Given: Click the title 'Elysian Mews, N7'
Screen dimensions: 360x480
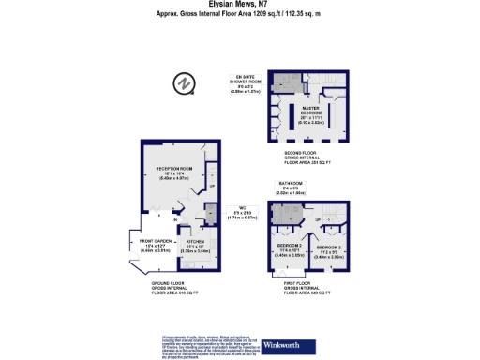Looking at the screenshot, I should coord(240,6).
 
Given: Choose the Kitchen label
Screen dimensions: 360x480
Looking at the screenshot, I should coord(194,247).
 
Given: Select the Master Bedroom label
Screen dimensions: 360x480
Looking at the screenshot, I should coord(310,114).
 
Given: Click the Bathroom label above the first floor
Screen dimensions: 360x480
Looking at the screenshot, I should coord(290,187).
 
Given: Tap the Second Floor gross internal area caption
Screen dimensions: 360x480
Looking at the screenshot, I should coord(309,161).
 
